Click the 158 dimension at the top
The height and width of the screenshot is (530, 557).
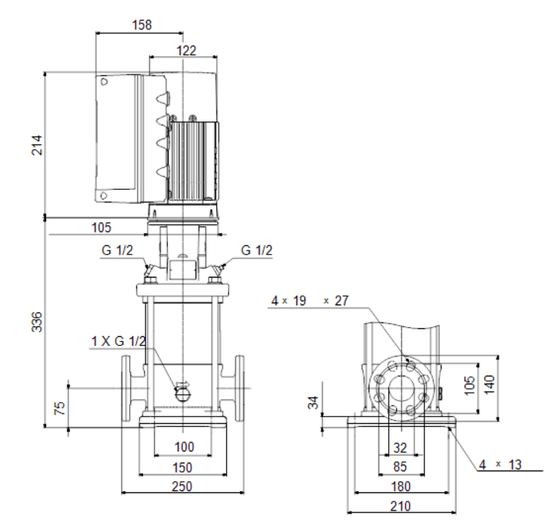tap(142, 25)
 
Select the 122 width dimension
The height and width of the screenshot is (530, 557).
tap(186, 51)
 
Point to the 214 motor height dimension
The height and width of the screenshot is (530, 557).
tap(37, 145)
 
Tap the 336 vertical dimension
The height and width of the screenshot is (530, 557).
tap(37, 322)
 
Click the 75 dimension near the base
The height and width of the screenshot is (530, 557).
tap(60, 408)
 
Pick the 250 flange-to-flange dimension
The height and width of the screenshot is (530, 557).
tap(182, 486)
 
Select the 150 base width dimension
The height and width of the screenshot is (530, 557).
tap(182, 467)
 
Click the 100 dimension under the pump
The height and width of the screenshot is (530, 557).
tap(184, 446)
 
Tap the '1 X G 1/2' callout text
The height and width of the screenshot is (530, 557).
tap(118, 341)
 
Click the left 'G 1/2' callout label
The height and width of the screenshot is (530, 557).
tap(117, 250)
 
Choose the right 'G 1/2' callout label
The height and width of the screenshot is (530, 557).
tap(256, 250)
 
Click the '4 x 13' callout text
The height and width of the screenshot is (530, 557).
tap(500, 464)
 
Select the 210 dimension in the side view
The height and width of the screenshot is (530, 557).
tap(400, 506)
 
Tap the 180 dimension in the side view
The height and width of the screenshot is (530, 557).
tap(400, 486)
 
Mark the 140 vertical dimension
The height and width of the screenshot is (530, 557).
tap(489, 384)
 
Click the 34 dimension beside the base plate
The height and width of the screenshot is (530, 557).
tap(313, 403)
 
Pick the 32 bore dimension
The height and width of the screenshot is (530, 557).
tap(400, 448)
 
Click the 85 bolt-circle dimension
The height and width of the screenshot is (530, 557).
tap(400, 467)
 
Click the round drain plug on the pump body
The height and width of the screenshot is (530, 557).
tap(183, 394)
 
